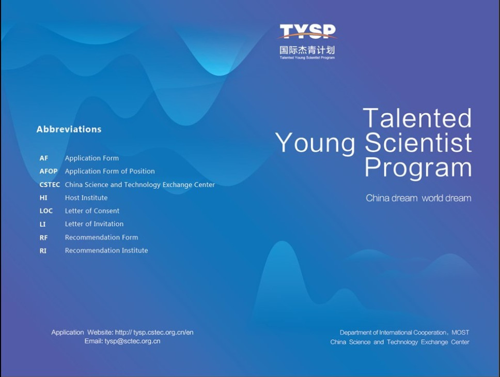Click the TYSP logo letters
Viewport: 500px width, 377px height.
[x=308, y=32]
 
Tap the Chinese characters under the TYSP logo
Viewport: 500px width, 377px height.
[x=307, y=50]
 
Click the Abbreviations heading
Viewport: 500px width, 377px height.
[x=69, y=129]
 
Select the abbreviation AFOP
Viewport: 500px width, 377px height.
[x=49, y=171]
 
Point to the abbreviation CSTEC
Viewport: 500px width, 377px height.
[x=50, y=185]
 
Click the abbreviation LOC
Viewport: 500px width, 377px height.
[x=46, y=211]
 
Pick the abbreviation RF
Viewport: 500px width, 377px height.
[x=43, y=237]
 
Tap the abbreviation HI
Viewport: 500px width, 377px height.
[x=43, y=198]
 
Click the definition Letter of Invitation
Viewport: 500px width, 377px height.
[x=94, y=224]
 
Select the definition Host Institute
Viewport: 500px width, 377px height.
[x=86, y=198]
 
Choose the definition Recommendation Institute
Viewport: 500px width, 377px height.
[x=106, y=250]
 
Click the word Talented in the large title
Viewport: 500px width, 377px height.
[x=417, y=118]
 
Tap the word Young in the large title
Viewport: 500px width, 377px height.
[x=316, y=143]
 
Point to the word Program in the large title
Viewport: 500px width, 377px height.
[x=418, y=168]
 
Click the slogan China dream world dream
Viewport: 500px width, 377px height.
[x=418, y=198]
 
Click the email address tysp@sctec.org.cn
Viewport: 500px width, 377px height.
[x=132, y=341]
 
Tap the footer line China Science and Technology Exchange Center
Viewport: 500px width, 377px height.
[x=400, y=342]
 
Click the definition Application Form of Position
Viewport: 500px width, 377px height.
[x=110, y=171]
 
